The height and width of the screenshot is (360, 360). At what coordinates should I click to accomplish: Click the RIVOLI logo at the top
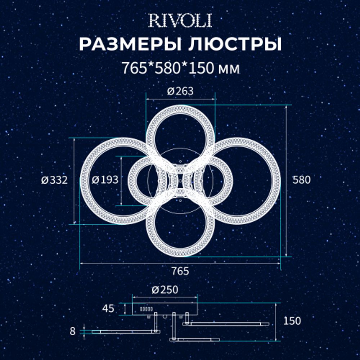pyautogui.click(x=180, y=21)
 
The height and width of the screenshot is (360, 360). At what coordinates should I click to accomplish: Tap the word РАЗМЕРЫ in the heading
pyautogui.click(x=130, y=45)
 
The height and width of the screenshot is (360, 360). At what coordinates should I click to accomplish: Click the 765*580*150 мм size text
pyautogui.click(x=180, y=68)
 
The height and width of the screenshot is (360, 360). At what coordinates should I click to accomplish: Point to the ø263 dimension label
pyautogui.click(x=180, y=91)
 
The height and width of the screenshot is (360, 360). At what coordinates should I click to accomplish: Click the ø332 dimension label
pyautogui.click(x=54, y=180)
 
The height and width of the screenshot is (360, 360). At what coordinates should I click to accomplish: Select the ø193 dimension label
pyautogui.click(x=105, y=180)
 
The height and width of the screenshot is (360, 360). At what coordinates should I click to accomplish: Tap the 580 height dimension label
pyautogui.click(x=301, y=180)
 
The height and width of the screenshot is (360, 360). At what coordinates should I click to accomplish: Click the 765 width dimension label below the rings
pyautogui.click(x=180, y=271)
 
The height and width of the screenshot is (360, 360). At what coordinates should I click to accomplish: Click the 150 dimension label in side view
pyautogui.click(x=292, y=321)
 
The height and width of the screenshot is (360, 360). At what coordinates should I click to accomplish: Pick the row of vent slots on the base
pyautogui.click(x=146, y=309)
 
